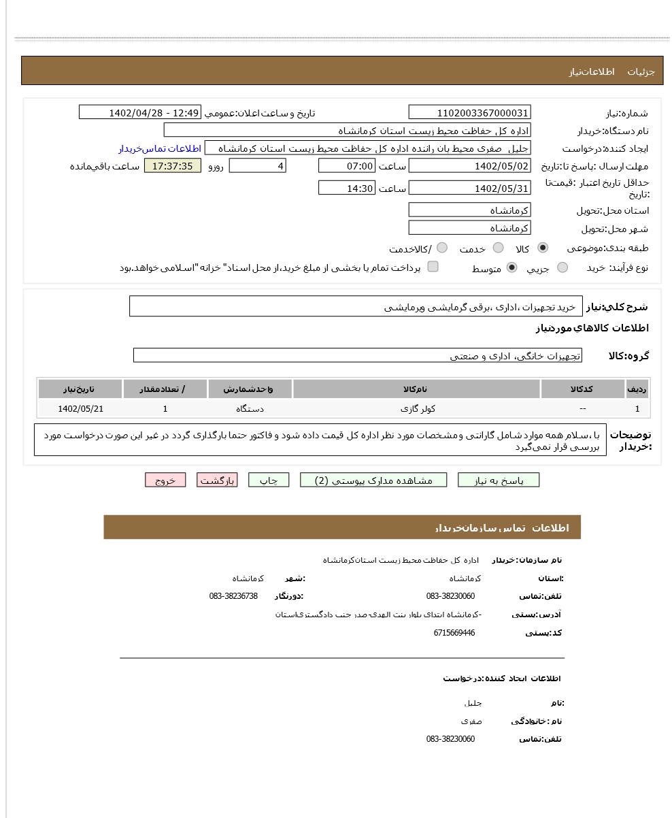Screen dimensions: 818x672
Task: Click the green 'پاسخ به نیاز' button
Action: click(x=499, y=480)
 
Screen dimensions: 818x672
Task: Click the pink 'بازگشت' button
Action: click(x=217, y=480)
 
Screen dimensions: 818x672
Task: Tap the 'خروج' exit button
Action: click(x=165, y=480)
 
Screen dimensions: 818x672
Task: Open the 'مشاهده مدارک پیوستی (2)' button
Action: click(x=373, y=480)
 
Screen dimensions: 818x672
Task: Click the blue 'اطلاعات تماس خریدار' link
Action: click(x=160, y=148)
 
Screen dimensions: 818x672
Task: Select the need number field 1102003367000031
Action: click(x=469, y=113)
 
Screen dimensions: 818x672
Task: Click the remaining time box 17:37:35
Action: click(x=173, y=166)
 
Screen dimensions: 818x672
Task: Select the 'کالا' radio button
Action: click(x=543, y=248)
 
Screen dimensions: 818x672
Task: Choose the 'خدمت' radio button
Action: click(x=499, y=248)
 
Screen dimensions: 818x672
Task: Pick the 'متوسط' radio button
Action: click(x=512, y=268)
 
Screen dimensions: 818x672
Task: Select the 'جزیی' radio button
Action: click(x=562, y=268)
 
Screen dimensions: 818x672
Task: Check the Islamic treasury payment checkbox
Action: click(x=433, y=267)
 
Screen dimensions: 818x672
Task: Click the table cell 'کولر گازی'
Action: click(x=418, y=409)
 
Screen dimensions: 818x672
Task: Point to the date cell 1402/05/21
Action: click(x=80, y=409)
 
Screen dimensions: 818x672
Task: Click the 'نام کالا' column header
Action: click(x=416, y=389)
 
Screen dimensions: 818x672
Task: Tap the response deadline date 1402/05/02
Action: click(x=469, y=166)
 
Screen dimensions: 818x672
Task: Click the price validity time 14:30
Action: click(x=346, y=189)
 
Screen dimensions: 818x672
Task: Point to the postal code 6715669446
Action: click(x=454, y=633)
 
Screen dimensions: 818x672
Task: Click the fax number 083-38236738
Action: click(x=233, y=596)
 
